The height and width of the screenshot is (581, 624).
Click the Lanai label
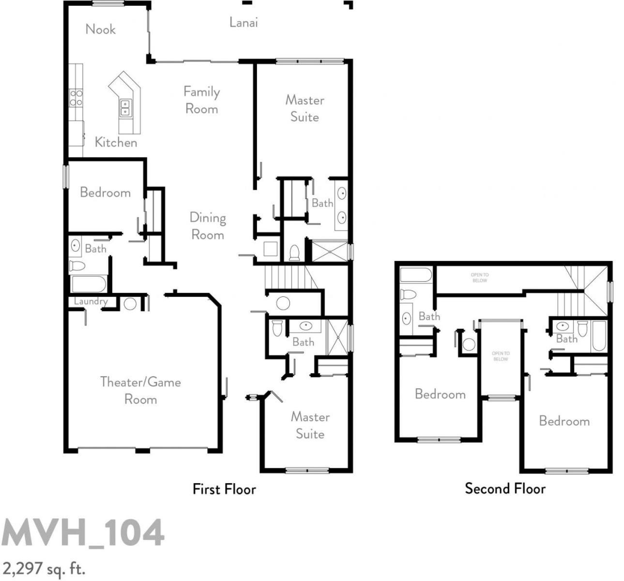244,22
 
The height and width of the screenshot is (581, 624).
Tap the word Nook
101,29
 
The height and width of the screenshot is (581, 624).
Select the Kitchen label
116,142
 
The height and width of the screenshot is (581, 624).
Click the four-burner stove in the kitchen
76,98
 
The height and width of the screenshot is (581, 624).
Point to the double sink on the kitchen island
125,107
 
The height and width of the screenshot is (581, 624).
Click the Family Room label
201,100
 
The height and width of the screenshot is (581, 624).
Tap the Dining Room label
208,226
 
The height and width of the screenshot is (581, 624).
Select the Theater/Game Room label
140,391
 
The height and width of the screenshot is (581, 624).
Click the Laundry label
91,302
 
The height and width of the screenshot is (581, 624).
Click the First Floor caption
224,489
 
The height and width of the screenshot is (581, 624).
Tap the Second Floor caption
505,489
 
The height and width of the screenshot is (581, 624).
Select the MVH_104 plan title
83,533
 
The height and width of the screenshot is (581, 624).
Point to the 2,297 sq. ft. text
44,568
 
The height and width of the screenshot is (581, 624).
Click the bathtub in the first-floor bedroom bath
88,284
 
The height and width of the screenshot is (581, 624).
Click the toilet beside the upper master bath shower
294,253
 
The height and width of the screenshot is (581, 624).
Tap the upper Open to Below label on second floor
480,277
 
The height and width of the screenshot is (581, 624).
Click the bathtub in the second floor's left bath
416,275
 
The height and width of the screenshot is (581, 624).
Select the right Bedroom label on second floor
564,421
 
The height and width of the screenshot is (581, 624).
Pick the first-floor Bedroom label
105,192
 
